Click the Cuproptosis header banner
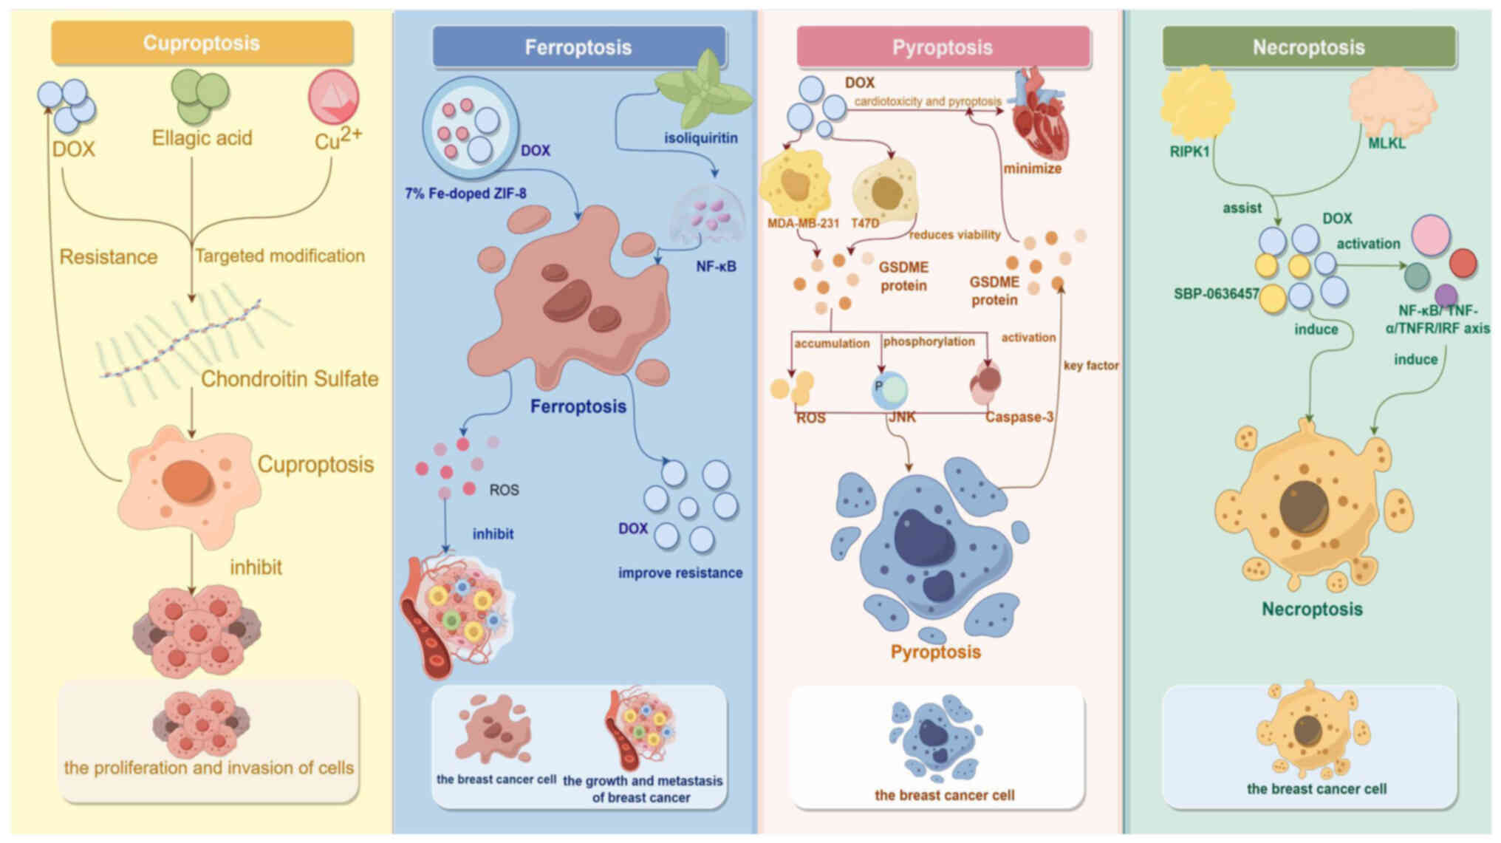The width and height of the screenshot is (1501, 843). point(202,43)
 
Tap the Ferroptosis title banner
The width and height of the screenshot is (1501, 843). point(578,47)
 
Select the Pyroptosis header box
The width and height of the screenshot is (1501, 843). point(943,47)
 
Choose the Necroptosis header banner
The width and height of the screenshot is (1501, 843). point(1308,47)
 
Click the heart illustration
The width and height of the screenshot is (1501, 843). point(1038,118)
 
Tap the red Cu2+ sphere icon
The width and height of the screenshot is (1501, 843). point(334,97)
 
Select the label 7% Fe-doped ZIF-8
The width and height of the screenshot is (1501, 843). point(465,194)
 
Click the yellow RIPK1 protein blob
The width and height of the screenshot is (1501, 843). point(1197,103)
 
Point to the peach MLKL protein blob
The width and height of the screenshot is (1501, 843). point(1392,102)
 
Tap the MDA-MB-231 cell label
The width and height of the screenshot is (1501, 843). point(803,222)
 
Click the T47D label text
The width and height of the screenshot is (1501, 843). point(865,222)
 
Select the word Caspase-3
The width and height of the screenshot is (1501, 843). point(1019,417)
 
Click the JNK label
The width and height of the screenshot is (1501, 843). point(902,417)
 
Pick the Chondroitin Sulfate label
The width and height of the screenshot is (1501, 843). point(290,379)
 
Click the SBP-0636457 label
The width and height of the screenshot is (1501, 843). point(1216,294)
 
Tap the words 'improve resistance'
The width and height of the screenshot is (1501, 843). point(680,573)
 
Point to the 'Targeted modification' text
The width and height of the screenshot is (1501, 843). point(280,256)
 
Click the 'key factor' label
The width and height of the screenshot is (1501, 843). point(1091,365)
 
